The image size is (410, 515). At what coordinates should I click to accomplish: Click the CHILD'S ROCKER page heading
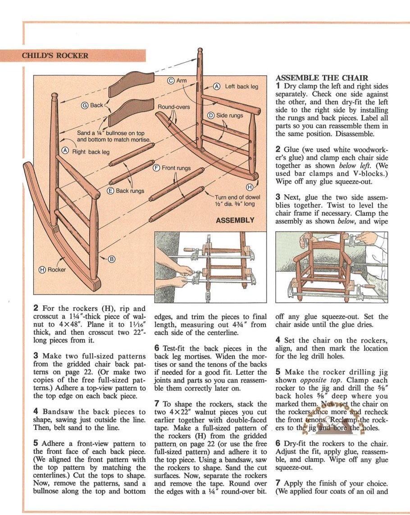click(x=55, y=56)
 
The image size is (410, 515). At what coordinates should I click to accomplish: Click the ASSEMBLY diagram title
click(x=235, y=220)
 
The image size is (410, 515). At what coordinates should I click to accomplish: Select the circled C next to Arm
click(x=171, y=81)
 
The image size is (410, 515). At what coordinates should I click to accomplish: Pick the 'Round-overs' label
click(x=173, y=107)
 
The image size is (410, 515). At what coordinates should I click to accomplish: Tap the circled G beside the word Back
click(x=84, y=105)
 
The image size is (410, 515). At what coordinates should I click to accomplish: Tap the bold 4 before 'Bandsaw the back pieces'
click(x=36, y=411)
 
